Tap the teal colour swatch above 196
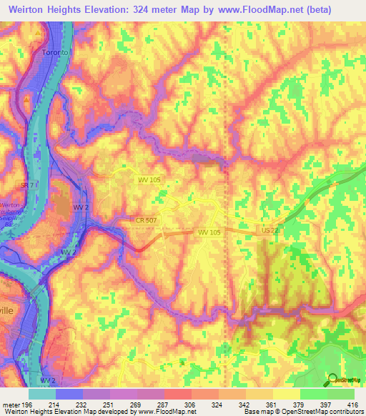click(x=42, y=394)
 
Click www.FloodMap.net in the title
click(x=275, y=10)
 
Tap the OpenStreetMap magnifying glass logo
click(x=332, y=380)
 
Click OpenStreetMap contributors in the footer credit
click(x=326, y=411)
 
